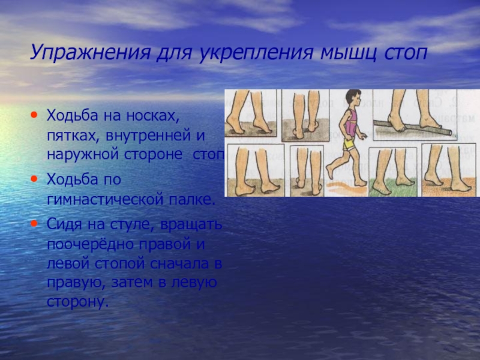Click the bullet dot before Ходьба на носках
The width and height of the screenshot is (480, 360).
(35, 114)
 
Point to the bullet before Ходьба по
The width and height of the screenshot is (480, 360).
(35, 179)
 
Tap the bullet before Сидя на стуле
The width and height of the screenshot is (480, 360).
(35, 223)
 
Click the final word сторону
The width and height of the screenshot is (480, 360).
(77, 300)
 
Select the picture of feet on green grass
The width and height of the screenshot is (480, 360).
(393, 173)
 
